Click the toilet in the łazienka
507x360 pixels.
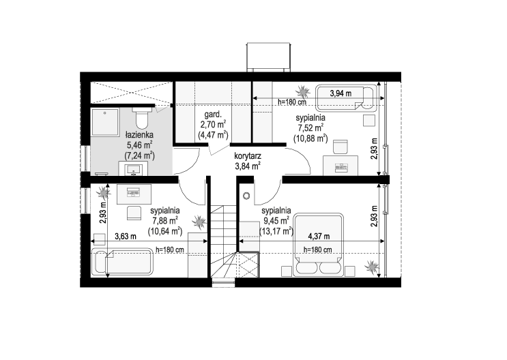click(x=142, y=118)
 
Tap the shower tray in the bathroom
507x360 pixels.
click(x=105, y=122)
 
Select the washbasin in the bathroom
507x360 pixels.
click(x=134, y=169)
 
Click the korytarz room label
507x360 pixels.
click(x=248, y=156)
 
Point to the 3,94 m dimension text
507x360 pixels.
click(x=341, y=93)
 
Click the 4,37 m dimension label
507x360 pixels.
click(x=319, y=237)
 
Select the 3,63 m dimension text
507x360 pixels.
click(x=126, y=237)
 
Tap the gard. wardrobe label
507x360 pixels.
click(x=213, y=115)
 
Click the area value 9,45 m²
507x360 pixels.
click(x=276, y=221)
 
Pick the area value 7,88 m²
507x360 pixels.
click(x=165, y=221)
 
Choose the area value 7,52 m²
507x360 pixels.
click(x=310, y=128)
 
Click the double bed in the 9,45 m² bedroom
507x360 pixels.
click(x=318, y=245)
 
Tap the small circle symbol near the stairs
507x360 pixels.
click(x=246, y=196)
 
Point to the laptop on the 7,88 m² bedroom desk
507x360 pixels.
click(x=134, y=193)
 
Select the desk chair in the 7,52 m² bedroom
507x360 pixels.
click(x=341, y=147)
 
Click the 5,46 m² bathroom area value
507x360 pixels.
click(x=139, y=145)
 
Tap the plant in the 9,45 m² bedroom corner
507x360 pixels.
click(x=372, y=267)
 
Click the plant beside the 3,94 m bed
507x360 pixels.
click(x=303, y=91)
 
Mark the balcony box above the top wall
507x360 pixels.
click(x=269, y=57)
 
